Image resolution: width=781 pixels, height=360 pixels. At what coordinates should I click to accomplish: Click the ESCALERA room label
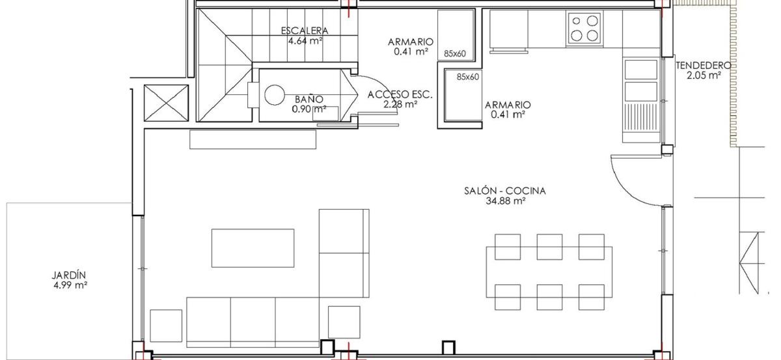[x=305, y=31]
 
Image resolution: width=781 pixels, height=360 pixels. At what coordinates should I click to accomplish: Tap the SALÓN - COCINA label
[x=505, y=191]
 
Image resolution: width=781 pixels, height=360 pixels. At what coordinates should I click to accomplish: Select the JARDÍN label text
[x=69, y=275]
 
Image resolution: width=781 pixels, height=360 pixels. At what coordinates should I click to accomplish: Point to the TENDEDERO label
[x=704, y=65]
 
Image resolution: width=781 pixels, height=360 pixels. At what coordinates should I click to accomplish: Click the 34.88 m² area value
[x=505, y=201]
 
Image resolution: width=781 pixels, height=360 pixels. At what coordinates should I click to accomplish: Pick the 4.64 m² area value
[x=305, y=41]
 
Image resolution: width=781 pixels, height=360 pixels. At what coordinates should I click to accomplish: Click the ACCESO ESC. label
[x=400, y=94]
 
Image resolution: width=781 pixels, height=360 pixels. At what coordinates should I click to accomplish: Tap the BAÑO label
[x=309, y=99]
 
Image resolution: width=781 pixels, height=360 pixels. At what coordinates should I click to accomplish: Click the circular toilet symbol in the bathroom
[x=275, y=95]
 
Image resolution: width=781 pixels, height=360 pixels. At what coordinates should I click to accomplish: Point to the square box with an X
[x=167, y=103]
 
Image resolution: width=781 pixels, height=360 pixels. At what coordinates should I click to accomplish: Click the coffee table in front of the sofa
[x=253, y=248]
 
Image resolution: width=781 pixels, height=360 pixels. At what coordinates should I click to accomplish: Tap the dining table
[x=549, y=271]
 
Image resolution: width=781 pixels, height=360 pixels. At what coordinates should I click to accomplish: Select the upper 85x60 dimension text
[x=455, y=54]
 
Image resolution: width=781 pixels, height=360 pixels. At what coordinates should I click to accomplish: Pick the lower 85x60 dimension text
[x=468, y=77]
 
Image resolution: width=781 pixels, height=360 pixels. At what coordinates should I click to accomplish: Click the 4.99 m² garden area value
[x=70, y=285]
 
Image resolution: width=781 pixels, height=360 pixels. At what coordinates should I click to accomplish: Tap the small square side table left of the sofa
[x=166, y=325]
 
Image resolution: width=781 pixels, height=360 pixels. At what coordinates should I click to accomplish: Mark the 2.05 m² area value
[x=704, y=75]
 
